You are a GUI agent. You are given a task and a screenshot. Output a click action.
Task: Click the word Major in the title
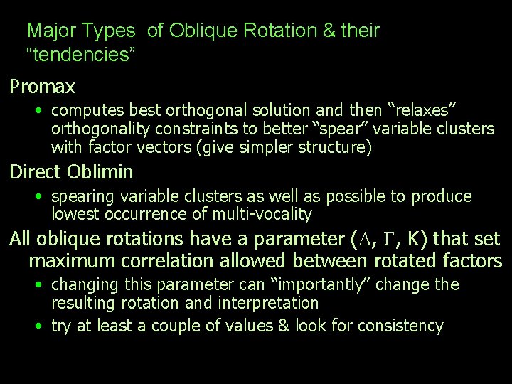53,31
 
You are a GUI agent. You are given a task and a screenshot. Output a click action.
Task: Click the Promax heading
43,87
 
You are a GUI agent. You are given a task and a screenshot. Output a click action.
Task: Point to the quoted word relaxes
420,110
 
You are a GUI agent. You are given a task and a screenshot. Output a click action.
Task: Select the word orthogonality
98,129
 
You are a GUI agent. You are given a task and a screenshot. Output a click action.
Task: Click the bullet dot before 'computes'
41,111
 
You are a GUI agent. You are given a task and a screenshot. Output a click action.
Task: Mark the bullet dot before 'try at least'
41,326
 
